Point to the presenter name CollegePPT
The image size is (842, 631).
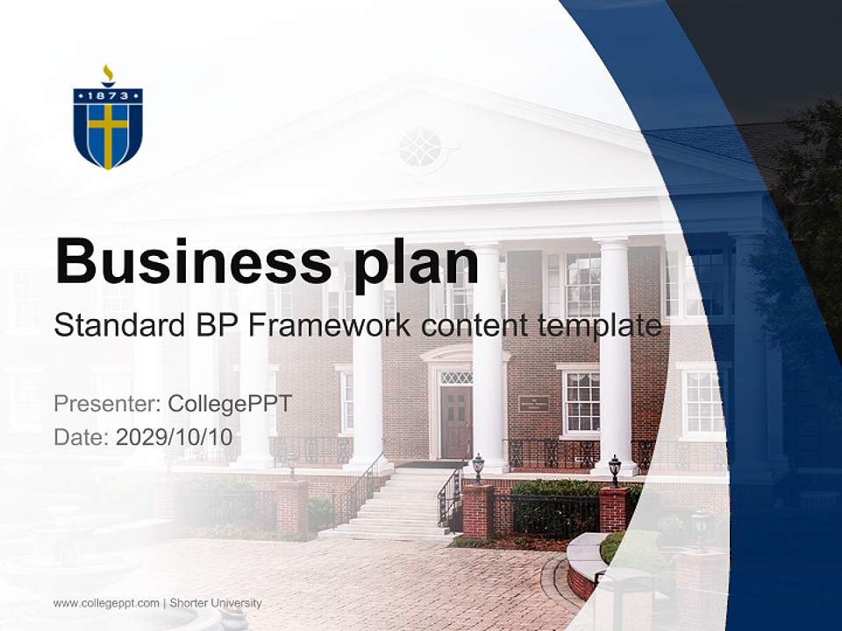point(229,404)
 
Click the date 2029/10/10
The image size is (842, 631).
point(174,436)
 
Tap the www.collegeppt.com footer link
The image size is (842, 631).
point(106,603)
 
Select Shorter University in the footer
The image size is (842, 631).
point(215,603)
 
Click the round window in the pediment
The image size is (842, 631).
point(420,147)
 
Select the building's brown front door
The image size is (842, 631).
point(456,422)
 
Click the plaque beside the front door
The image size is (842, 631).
point(533,403)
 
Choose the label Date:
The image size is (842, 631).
point(81,436)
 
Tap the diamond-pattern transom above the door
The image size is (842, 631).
point(455,377)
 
